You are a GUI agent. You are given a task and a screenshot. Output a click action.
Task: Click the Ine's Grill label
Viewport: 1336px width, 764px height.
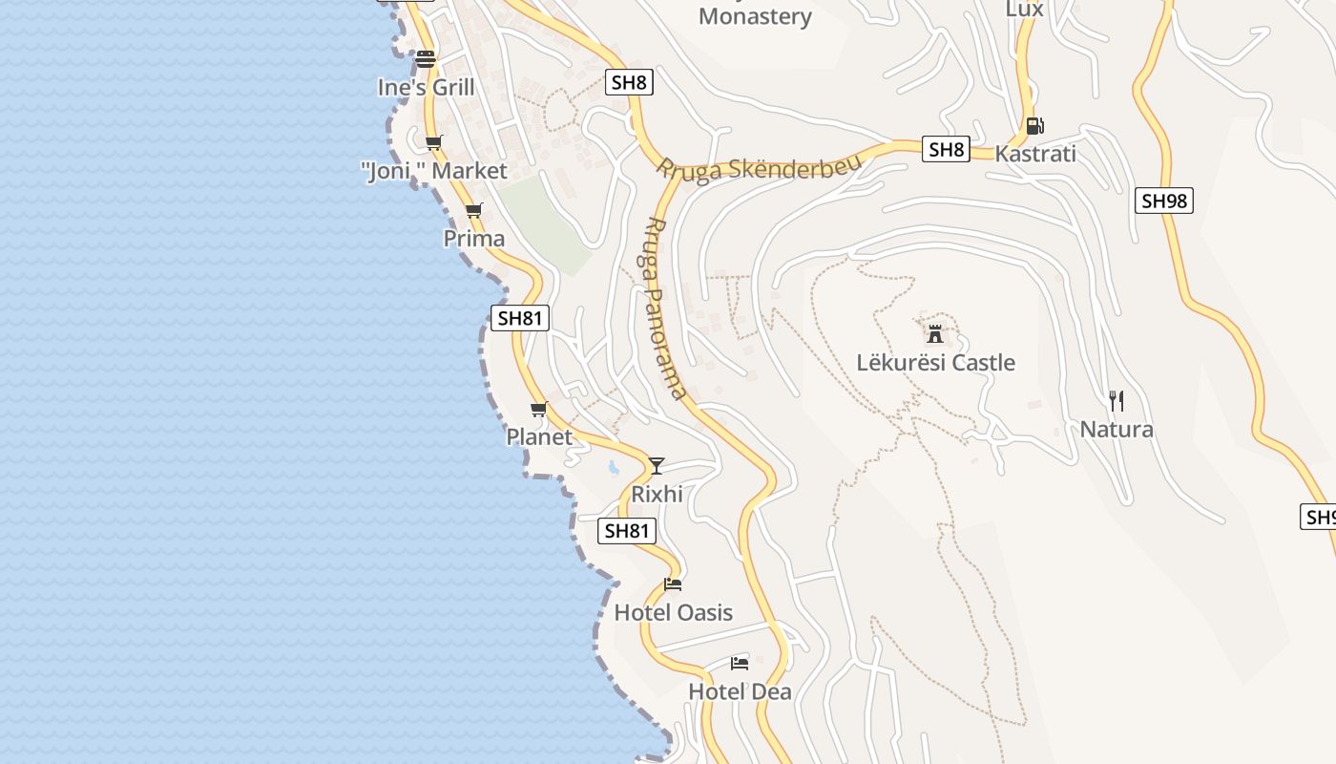click(426, 88)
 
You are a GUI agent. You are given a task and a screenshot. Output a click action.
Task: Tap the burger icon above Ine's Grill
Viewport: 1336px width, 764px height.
click(426, 59)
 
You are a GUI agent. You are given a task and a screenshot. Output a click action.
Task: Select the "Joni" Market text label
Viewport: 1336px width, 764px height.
click(434, 172)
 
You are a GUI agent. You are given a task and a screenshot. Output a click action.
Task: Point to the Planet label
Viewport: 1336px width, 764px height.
click(539, 437)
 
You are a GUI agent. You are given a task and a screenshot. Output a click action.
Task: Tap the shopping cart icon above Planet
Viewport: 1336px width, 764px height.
click(539, 410)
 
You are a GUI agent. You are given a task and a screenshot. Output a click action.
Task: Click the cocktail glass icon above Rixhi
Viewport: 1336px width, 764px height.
click(657, 466)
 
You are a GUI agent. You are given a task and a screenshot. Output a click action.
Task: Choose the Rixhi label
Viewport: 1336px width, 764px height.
click(657, 495)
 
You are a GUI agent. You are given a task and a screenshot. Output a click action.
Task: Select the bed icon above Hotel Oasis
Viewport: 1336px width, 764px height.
click(673, 584)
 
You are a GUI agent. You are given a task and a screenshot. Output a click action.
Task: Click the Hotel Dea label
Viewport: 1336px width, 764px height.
click(740, 691)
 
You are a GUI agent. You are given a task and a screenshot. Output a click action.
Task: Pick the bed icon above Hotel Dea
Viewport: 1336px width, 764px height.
click(740, 663)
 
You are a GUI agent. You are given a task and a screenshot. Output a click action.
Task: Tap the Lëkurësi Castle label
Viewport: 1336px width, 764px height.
click(935, 363)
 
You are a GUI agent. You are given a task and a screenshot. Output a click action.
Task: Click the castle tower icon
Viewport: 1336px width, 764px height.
click(935, 334)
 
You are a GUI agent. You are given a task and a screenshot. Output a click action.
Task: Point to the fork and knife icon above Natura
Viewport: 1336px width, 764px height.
click(1117, 401)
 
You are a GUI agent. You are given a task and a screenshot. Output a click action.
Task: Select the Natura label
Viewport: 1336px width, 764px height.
click(1117, 430)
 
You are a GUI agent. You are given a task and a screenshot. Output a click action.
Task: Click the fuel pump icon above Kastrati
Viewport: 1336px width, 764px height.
click(1034, 126)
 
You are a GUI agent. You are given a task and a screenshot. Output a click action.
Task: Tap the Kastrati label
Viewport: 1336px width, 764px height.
click(1035, 154)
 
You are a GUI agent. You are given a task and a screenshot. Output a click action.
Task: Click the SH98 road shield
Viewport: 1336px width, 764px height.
click(1164, 201)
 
